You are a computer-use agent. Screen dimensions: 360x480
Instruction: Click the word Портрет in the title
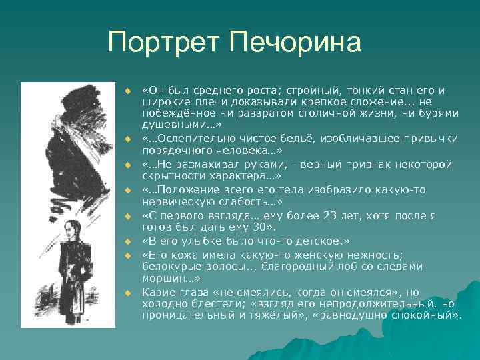pyautogui.click(x=165, y=43)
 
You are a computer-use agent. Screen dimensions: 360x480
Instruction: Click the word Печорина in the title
pyautogui.click(x=295, y=43)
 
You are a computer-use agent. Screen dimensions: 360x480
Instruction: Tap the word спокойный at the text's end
pyautogui.click(x=431, y=313)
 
